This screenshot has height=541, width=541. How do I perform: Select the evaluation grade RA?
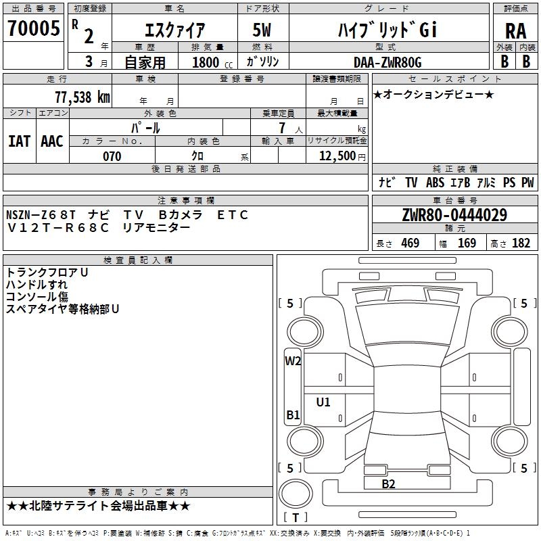(515, 30)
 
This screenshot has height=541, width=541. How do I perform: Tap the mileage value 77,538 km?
(81, 97)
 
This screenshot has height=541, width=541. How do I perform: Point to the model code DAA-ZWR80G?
(387, 62)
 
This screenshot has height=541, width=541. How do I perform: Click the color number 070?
(112, 156)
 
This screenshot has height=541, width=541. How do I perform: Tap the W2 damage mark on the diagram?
(293, 360)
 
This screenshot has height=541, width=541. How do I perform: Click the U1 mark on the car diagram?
(323, 402)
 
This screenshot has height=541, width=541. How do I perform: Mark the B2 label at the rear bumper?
(388, 484)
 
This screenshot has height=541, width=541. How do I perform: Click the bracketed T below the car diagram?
(296, 518)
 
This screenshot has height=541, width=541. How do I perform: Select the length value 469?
(410, 243)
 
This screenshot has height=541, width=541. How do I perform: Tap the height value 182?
(521, 243)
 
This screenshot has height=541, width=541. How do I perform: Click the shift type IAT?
(19, 141)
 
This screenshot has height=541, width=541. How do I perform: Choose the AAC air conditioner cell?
(52, 141)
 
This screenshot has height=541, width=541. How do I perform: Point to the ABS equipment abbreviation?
(436, 183)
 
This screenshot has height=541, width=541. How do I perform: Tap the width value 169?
(467, 243)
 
